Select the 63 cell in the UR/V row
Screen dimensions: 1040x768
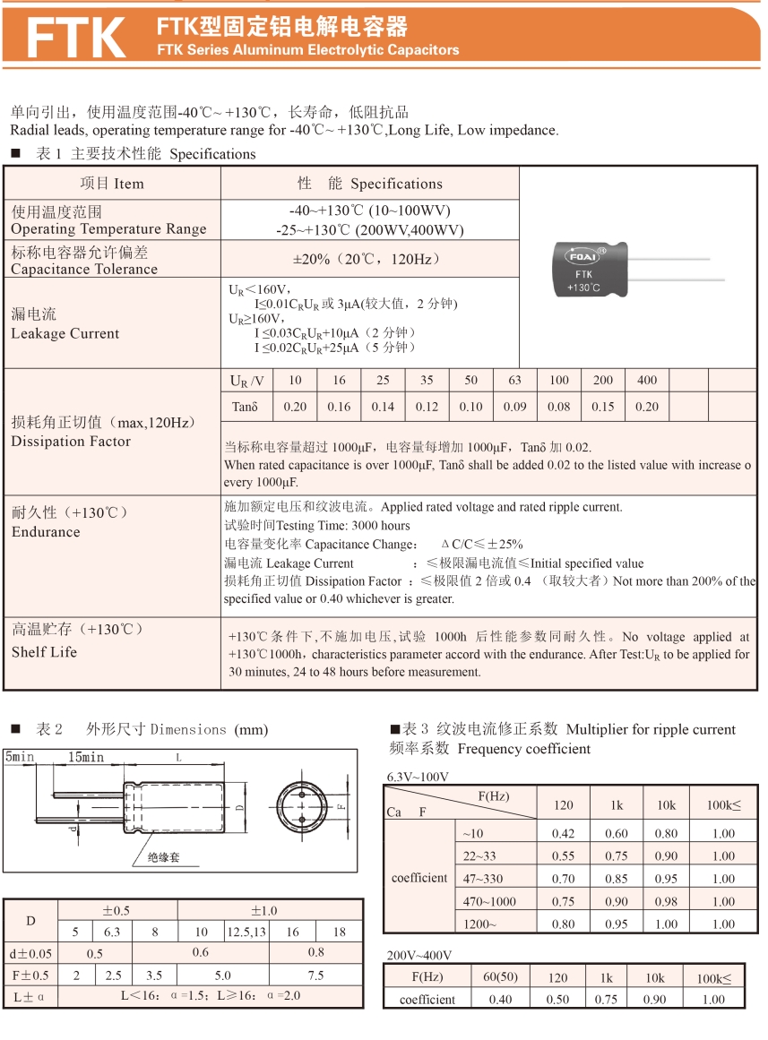[514, 381]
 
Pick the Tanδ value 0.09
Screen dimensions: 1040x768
[514, 407]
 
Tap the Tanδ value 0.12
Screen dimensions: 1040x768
[427, 407]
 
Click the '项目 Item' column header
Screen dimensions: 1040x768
[112, 184]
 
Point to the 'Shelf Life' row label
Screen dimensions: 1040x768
[45, 652]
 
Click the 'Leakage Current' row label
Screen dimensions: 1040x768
[65, 333]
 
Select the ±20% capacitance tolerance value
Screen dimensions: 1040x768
[369, 259]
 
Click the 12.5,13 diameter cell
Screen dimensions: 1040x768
[246, 932]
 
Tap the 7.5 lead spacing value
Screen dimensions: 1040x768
[315, 976]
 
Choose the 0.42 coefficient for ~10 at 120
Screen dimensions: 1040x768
[563, 833]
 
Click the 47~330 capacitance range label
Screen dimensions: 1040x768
[483, 879]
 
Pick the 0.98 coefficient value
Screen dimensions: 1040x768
[666, 901]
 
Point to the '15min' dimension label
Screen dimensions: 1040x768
[86, 758]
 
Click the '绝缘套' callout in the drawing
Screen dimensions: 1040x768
[164, 857]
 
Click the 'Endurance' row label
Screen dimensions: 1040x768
[46, 532]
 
